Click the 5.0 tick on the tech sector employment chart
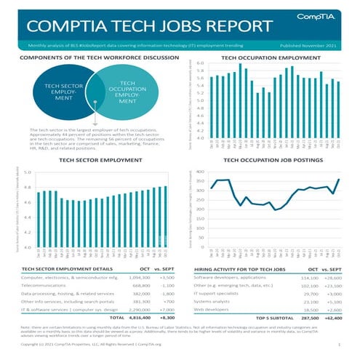pyautogui.click(x=27, y=172)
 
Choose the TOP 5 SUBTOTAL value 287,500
pyautogui.click(x=310, y=318)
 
